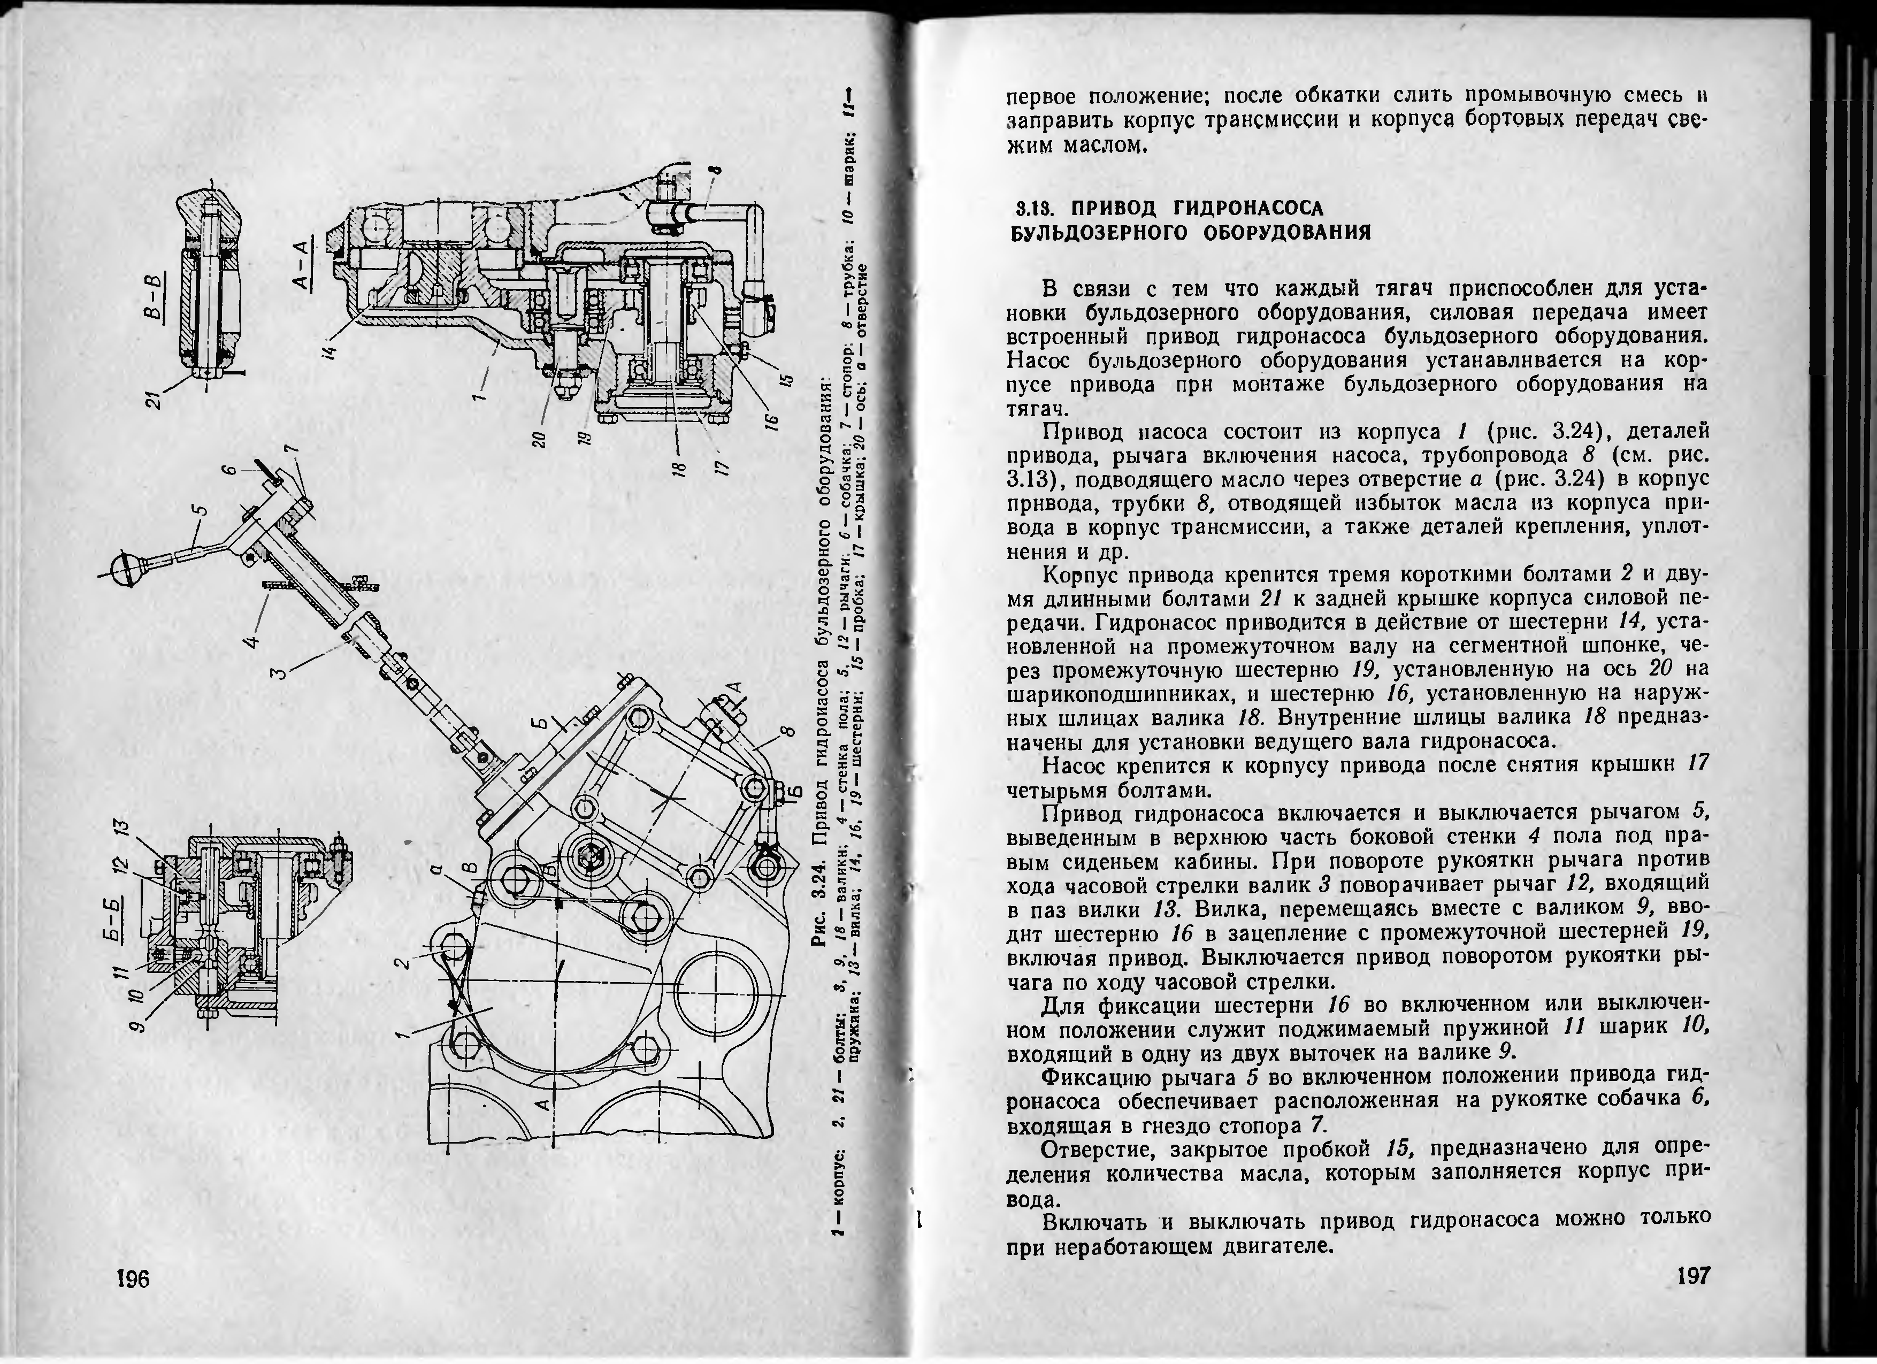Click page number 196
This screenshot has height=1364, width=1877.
[x=133, y=1279]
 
